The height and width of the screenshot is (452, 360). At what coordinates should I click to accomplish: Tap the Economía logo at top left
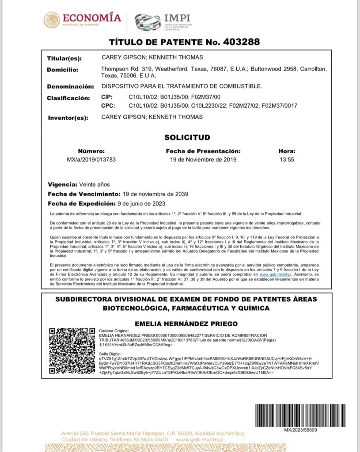83,20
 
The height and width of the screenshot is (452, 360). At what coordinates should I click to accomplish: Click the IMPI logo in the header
163,21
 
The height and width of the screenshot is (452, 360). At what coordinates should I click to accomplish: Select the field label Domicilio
62,70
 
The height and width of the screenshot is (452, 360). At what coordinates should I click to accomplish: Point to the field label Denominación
70,86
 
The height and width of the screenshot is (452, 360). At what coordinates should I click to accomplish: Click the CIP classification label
107,97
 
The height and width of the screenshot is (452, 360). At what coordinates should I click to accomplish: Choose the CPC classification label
108,106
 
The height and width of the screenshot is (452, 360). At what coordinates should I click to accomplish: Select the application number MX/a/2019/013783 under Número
91,159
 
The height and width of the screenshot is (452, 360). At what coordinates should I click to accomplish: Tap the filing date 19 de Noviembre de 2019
203,159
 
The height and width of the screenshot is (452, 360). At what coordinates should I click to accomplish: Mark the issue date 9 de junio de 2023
142,203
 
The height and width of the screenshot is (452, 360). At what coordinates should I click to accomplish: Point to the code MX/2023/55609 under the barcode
300,430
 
